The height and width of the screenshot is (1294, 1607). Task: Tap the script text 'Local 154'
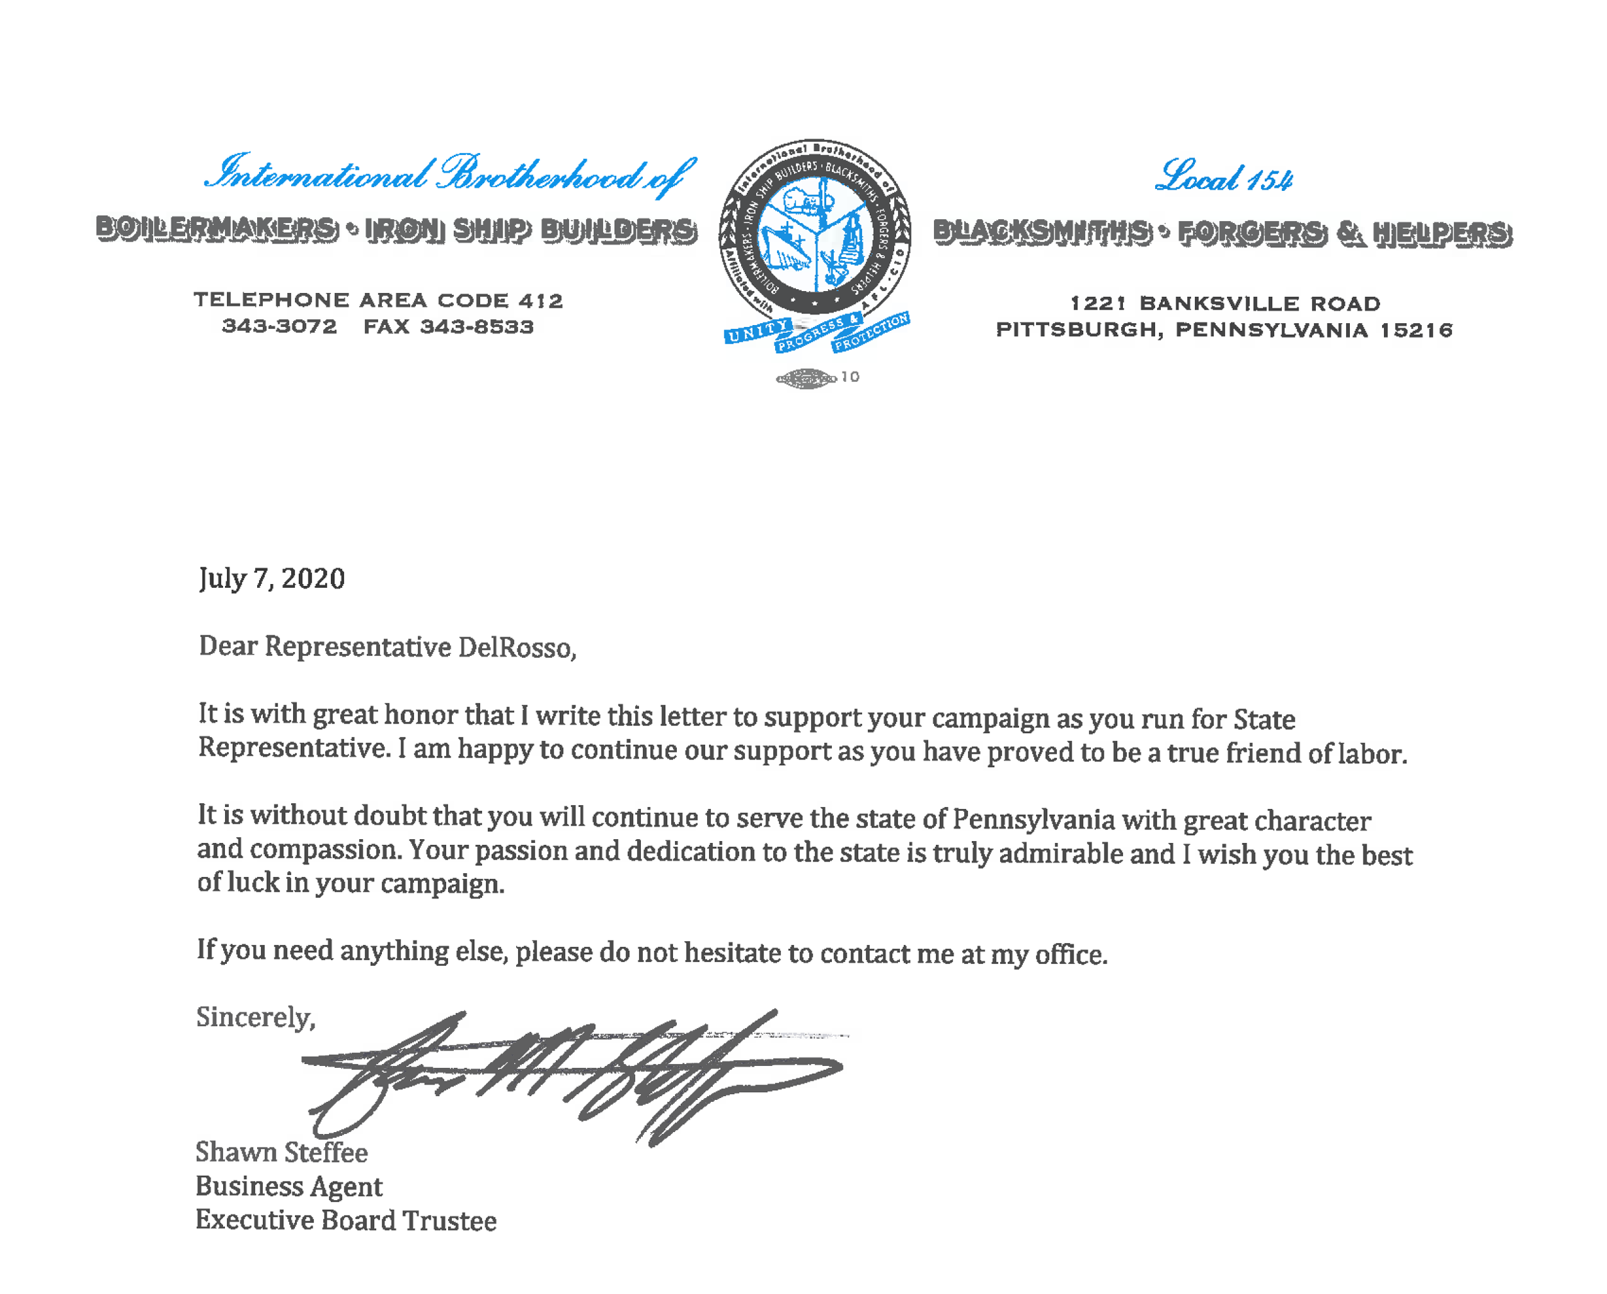point(1223,177)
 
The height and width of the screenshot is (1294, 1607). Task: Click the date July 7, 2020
point(271,579)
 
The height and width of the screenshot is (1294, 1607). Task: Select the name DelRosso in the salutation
point(516,648)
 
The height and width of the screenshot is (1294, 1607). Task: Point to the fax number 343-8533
point(476,326)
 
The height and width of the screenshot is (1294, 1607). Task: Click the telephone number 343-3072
point(279,326)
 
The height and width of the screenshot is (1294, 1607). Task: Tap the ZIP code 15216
point(1415,330)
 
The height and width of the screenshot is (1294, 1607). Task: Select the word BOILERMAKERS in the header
point(216,229)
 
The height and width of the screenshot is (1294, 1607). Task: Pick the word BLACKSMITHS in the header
point(1041,232)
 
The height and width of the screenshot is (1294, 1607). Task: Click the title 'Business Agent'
point(289,1187)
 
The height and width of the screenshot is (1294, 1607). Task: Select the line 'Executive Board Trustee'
point(345,1221)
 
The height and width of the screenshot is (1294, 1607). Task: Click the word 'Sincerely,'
point(256,1018)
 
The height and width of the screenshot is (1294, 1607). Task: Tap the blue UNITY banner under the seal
point(756,330)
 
